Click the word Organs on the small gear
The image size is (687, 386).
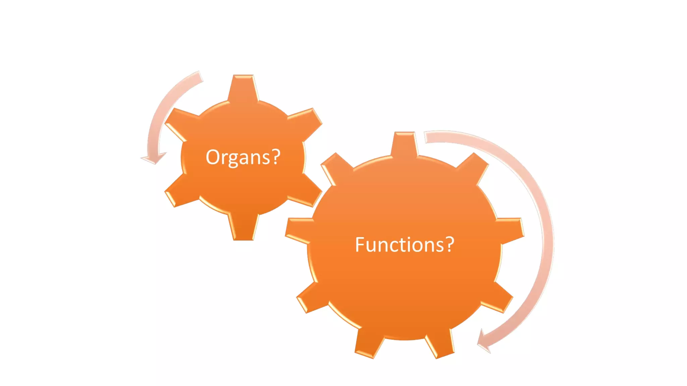point(238,157)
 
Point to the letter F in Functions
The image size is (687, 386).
point(360,244)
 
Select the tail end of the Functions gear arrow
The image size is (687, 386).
point(428,137)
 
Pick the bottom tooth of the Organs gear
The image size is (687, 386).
point(243,228)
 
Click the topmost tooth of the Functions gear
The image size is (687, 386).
point(405,143)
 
